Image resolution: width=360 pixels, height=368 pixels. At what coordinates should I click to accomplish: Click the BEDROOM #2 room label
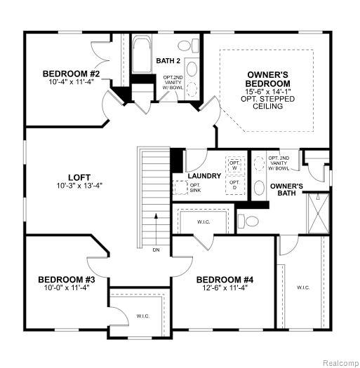(71, 74)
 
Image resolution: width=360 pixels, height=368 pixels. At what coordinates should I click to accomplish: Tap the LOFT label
(79, 177)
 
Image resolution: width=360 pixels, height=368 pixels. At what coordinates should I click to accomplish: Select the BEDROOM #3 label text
(67, 280)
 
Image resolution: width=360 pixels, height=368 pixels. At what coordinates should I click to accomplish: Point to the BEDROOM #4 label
(225, 280)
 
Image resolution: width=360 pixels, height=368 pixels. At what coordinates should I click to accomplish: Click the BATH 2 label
(168, 61)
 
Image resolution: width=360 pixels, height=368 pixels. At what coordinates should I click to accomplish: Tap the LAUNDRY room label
(204, 176)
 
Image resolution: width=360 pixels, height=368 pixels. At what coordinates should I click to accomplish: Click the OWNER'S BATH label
(287, 190)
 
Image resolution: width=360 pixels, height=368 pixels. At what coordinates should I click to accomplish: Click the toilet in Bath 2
(188, 46)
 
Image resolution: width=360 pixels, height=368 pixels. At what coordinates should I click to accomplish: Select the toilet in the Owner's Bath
(248, 221)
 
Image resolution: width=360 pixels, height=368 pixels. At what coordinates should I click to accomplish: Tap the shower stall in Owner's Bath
(319, 213)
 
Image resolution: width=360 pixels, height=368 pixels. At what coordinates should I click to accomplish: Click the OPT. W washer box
(235, 165)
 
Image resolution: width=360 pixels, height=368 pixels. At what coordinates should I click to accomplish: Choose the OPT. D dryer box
(235, 185)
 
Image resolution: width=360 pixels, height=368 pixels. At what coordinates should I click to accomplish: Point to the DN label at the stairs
(156, 250)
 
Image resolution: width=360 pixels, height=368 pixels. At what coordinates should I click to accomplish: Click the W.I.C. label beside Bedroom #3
(143, 316)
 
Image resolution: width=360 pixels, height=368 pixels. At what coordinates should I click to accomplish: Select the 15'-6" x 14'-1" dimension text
(267, 91)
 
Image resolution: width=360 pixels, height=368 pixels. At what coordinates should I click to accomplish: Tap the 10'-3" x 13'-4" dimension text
(79, 186)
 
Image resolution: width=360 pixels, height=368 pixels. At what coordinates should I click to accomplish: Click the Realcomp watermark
(340, 363)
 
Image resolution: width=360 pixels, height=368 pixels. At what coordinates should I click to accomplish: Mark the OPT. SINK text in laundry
(195, 188)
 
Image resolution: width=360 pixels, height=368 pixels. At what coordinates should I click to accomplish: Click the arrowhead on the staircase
(156, 216)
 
